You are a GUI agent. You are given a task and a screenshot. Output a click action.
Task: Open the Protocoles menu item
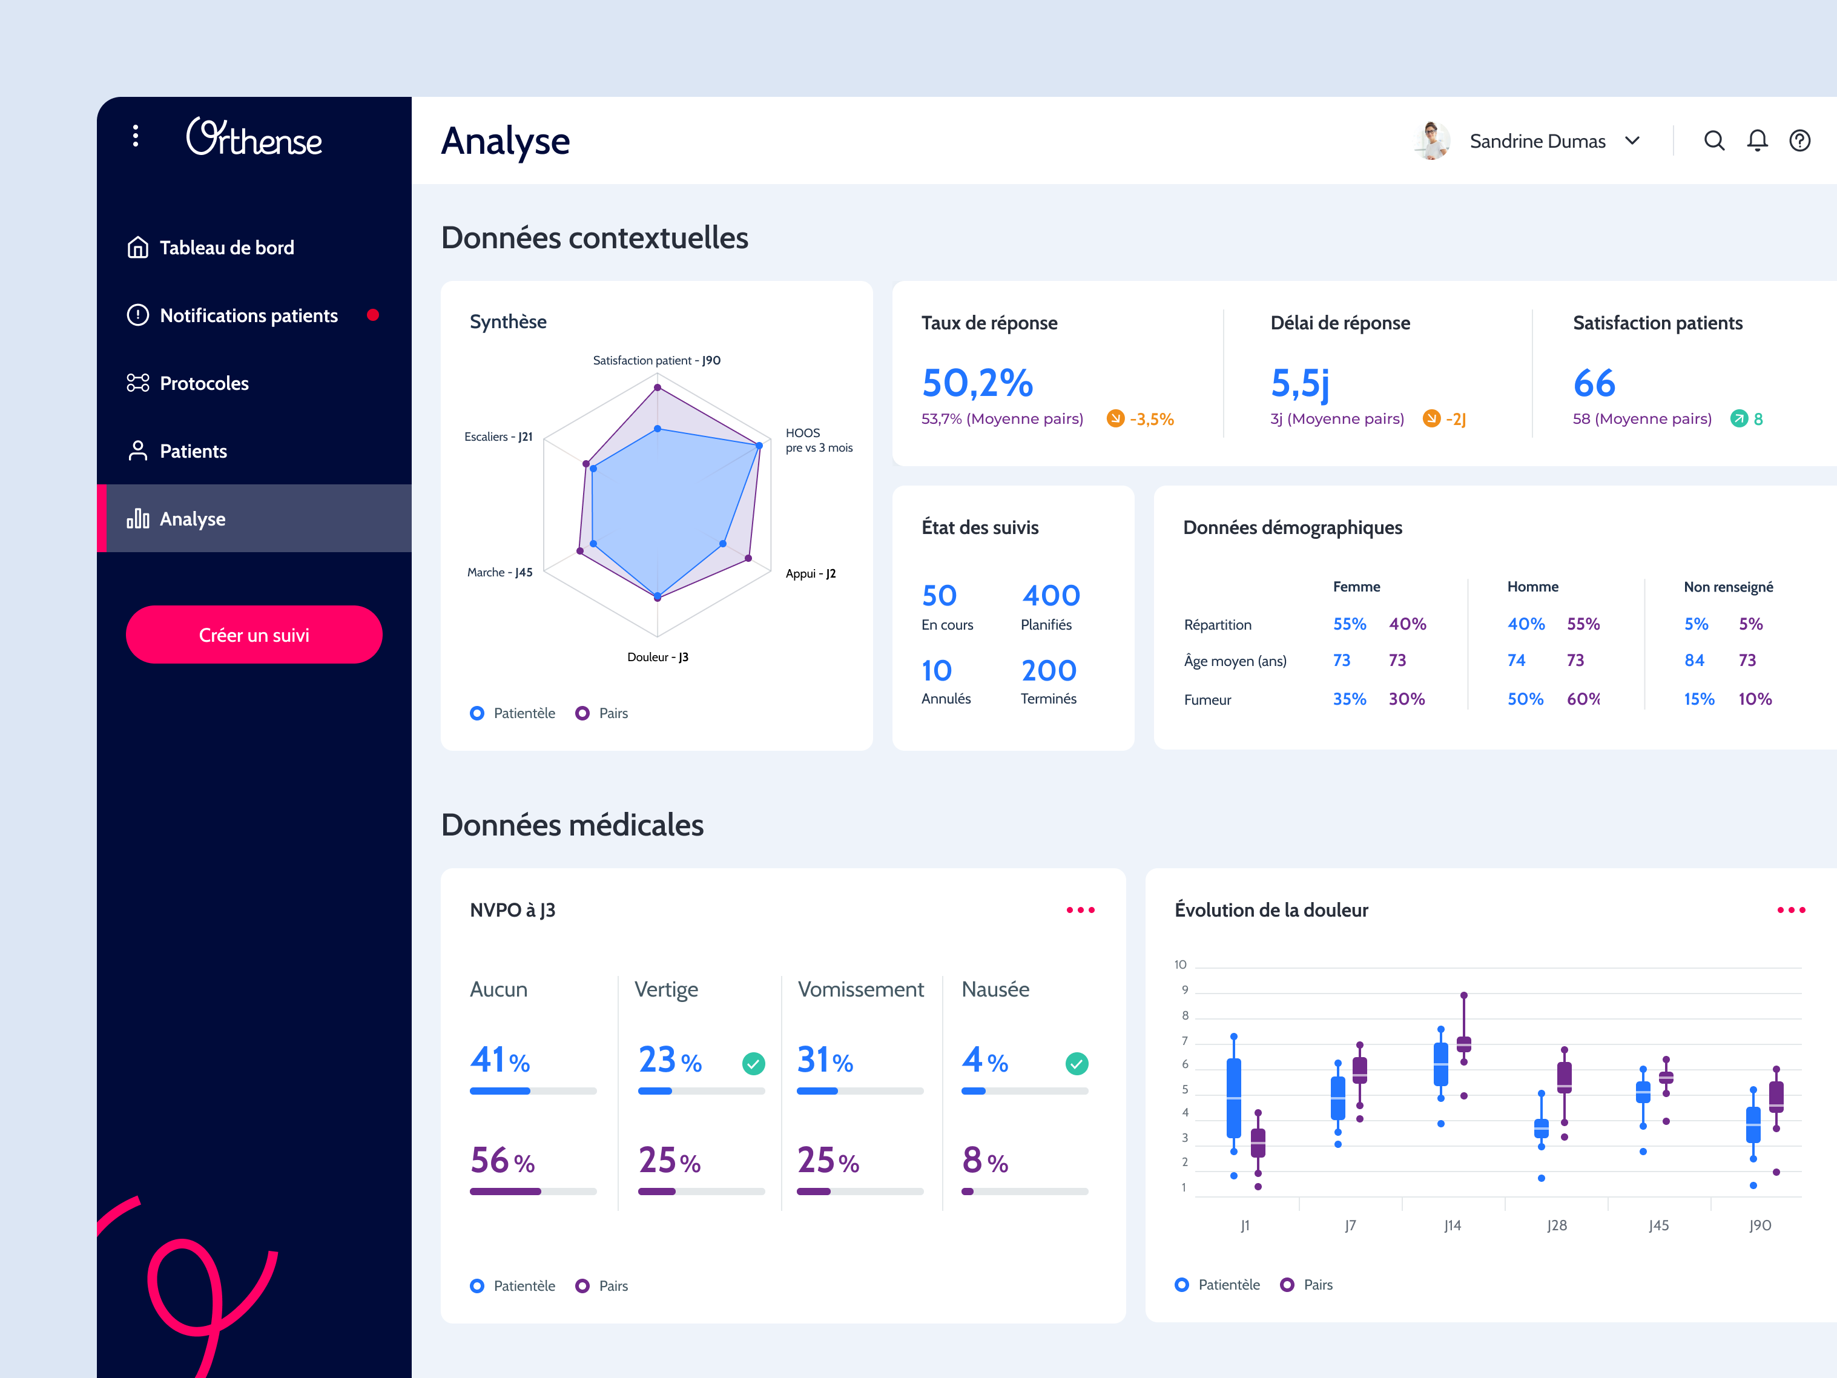point(203,383)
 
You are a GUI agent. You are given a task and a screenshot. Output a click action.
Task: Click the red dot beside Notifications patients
point(373,315)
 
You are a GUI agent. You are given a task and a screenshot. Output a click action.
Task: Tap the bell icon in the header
point(1756,140)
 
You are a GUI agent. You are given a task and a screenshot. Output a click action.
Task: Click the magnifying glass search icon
point(1713,140)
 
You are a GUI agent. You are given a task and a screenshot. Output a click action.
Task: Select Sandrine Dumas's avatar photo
point(1432,140)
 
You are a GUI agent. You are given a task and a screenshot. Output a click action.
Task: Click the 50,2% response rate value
point(977,383)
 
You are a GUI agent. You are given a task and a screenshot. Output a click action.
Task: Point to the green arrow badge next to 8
point(1738,418)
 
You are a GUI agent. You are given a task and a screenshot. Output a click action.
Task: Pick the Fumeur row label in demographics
point(1207,699)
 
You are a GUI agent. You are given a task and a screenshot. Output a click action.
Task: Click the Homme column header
point(1532,587)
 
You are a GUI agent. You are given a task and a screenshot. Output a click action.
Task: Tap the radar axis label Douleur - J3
point(657,657)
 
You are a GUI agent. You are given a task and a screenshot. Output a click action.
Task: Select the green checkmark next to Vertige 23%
point(753,1063)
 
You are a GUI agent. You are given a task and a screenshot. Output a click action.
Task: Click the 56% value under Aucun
point(501,1161)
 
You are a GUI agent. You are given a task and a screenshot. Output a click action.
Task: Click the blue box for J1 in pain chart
point(1233,1096)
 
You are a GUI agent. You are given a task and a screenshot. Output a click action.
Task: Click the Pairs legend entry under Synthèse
point(603,713)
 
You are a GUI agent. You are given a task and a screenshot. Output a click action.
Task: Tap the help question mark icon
point(1799,140)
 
